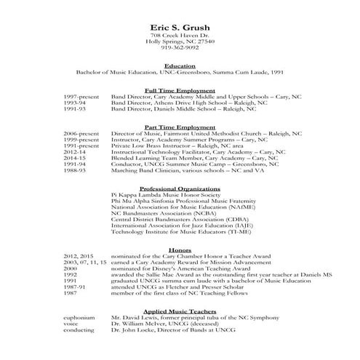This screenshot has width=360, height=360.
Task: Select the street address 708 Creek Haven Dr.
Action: [180, 36]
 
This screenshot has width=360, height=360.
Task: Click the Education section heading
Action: [180, 65]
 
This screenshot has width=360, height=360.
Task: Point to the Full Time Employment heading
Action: [180, 89]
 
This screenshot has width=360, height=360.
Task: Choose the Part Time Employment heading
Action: [180, 126]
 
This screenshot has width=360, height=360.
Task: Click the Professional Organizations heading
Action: [180, 188]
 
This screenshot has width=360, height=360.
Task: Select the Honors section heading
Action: [180, 250]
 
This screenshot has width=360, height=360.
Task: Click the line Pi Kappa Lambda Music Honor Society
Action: [164, 196]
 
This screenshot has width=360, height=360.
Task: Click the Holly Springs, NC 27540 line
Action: [180, 42]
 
